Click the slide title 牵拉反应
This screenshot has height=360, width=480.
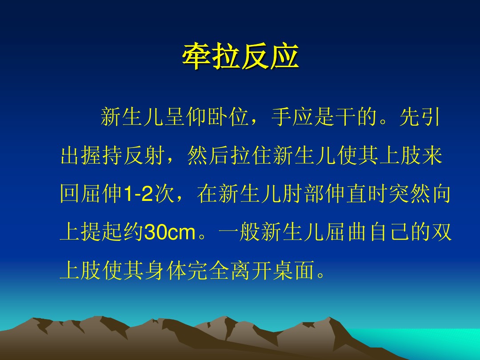(240, 56)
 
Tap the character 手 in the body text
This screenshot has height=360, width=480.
(281, 116)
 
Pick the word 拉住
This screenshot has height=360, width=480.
(251, 155)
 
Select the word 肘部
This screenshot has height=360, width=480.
(304, 193)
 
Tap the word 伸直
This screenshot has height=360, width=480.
(347, 193)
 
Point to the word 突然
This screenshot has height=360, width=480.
(409, 193)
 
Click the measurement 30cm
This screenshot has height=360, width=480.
(170, 232)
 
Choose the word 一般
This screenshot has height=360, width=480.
(240, 232)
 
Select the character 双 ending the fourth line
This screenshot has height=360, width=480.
(442, 232)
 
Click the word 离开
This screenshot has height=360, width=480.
(251, 270)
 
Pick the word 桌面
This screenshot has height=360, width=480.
(294, 270)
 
